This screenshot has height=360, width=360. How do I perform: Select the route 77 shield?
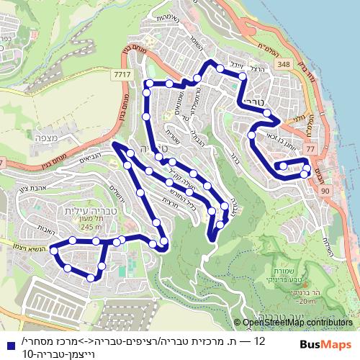tap(310, 148)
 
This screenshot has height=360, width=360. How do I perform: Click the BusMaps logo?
tap(326, 344)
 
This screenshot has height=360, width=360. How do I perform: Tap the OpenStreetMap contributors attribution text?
tap(297, 323)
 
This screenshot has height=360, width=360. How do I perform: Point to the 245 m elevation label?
tap(91, 228)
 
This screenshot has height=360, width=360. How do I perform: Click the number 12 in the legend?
tap(260, 340)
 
